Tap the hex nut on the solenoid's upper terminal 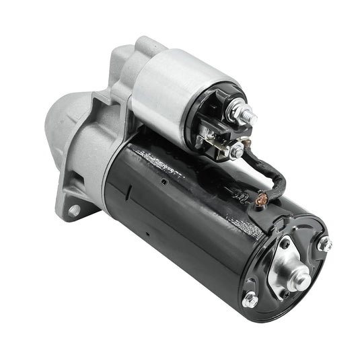coord(237,112)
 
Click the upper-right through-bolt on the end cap coord(324,244)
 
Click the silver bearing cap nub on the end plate coord(297,278)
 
